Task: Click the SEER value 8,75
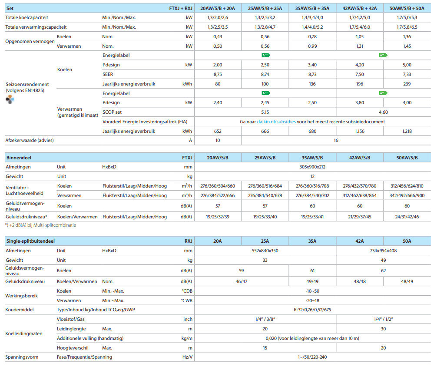218,74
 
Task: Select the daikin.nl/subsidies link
276,122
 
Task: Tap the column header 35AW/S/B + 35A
312,8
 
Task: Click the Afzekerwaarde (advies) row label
30,140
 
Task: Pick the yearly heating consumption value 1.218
407,131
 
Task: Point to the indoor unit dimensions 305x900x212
312,167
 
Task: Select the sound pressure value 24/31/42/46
407,217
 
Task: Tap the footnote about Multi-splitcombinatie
40,225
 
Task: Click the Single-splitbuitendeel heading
30,241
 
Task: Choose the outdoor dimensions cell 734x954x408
383,251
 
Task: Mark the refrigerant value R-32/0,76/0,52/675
312,310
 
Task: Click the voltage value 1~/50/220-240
312,357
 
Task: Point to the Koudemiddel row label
20,310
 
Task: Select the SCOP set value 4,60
383,112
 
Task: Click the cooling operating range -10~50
312,291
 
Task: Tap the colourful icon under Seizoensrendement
10,99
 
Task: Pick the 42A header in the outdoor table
359,241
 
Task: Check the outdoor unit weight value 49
383,260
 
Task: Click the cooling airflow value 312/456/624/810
407,186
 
